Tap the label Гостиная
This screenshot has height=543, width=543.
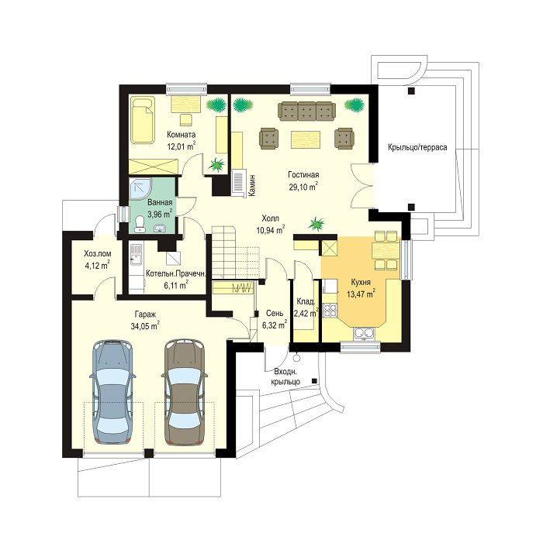point(303,175)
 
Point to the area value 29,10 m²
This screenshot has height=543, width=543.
point(303,187)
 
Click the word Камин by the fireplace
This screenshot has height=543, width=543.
point(253,185)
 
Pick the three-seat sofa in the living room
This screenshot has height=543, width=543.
point(307,111)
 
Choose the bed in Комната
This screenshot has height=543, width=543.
point(143,120)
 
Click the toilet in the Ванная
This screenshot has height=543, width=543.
point(140,223)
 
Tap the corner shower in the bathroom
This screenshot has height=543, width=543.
point(140,190)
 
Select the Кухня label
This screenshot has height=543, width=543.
point(361,282)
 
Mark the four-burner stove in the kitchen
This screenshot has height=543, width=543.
point(330,310)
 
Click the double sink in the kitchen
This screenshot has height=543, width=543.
point(363,333)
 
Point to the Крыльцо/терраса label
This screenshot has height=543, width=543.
point(417,147)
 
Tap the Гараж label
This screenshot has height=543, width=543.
point(146,314)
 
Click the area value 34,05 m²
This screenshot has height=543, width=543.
point(145,326)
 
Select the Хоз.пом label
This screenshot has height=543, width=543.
point(98,254)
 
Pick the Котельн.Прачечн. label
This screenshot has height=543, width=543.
point(176,273)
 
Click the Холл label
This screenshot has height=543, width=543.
point(271,218)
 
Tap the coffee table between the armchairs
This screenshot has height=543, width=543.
point(306,139)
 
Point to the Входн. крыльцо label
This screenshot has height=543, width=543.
point(287,376)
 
